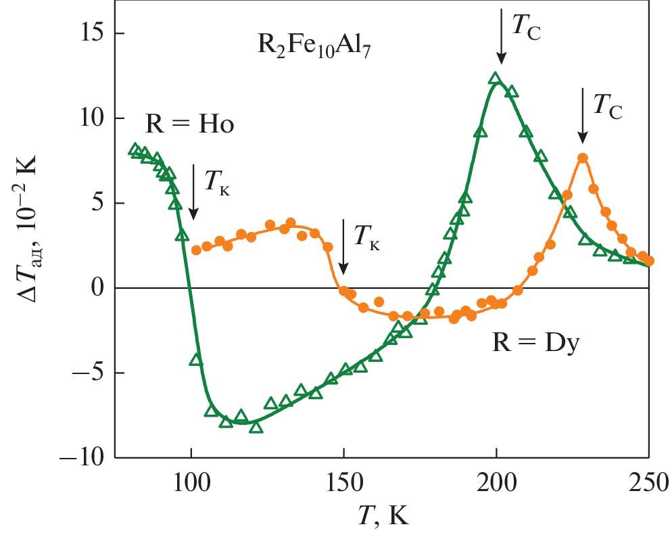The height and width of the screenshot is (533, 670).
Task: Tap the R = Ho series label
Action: click(190, 125)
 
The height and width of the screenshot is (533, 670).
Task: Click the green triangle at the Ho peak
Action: click(496, 78)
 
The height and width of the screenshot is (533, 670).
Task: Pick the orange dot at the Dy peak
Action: click(583, 158)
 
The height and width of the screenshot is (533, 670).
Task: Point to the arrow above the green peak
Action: click(501, 34)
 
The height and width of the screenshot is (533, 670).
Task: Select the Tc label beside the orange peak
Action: click(608, 107)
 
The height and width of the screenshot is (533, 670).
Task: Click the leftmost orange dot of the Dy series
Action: click(196, 250)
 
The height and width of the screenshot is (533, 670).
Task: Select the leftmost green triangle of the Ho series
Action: click(135, 149)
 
